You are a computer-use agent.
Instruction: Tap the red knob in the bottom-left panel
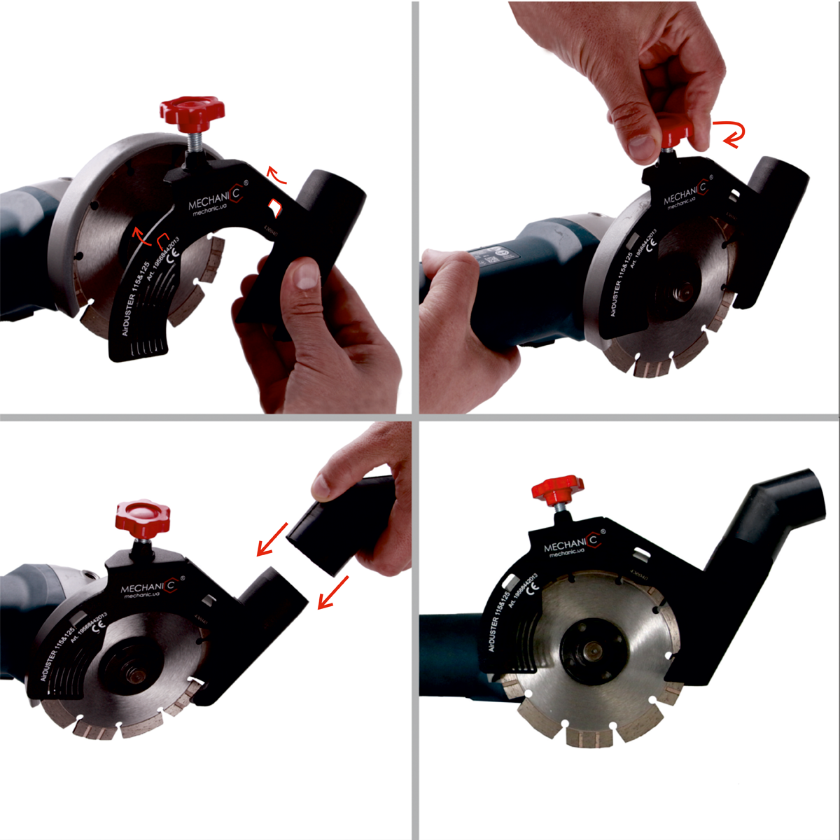[143, 519]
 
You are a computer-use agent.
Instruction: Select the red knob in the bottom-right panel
[557, 489]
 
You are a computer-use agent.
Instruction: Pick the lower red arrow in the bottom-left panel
[333, 592]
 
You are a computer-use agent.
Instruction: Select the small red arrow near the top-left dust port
[278, 176]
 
